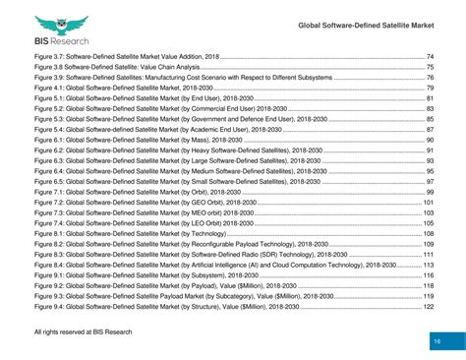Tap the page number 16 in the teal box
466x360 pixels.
point(435,340)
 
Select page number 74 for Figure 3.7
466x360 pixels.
point(430,58)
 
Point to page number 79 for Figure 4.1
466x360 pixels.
point(430,89)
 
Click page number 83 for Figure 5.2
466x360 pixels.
point(430,109)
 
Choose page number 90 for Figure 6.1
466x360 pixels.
point(430,140)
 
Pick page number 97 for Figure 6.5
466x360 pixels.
point(430,181)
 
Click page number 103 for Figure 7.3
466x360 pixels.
point(429,212)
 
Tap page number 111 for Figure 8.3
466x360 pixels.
point(429,254)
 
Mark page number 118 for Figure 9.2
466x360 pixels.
point(429,285)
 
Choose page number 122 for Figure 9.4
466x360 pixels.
point(429,306)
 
